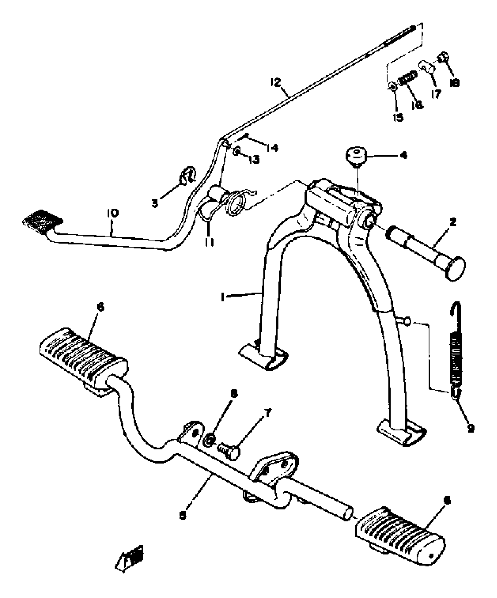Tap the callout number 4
pos(404,155)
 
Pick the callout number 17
pos(436,94)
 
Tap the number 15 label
pos(398,117)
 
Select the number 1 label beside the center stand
pos(223,297)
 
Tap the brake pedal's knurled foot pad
pos(42,221)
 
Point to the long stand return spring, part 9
pos(456,351)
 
